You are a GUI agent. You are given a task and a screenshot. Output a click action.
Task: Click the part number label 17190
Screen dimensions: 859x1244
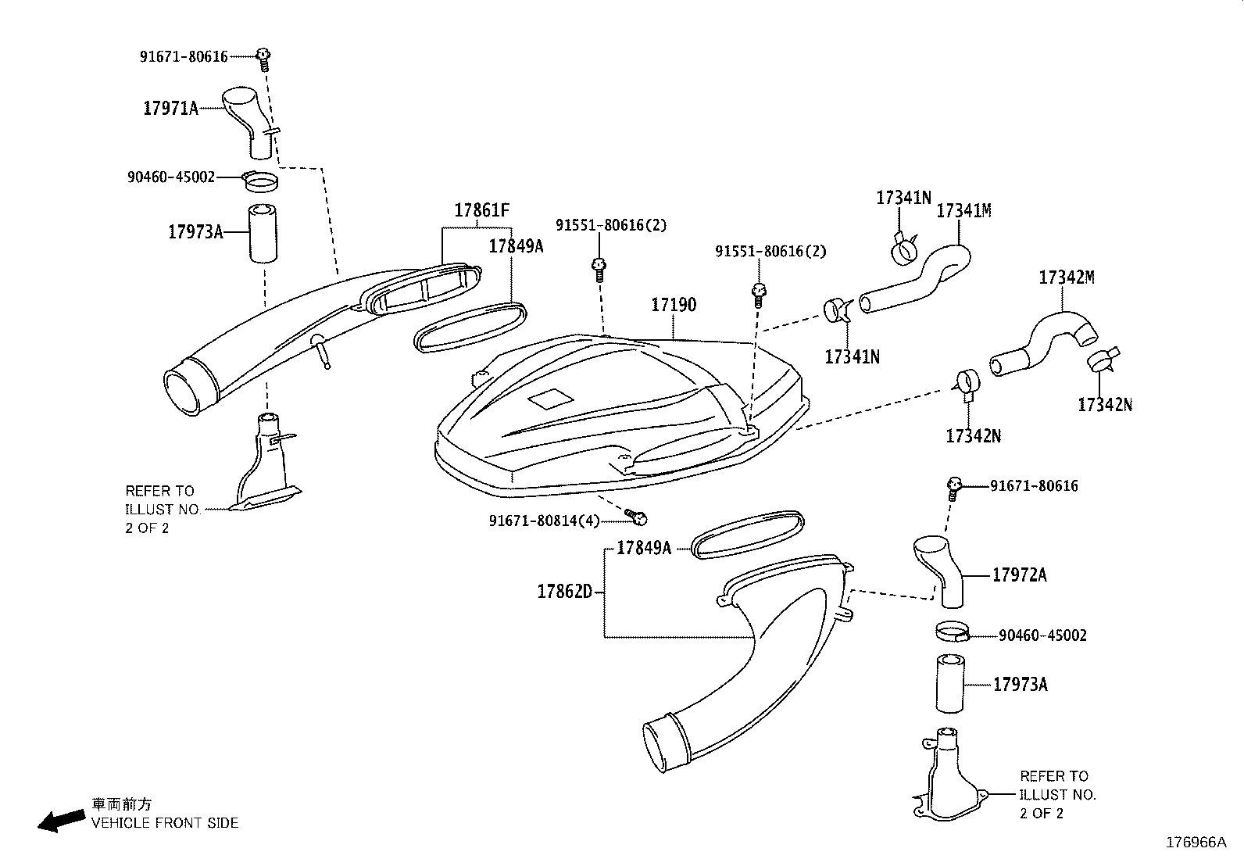(674, 305)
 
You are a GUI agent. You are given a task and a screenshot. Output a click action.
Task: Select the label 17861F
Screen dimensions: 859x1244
(481, 210)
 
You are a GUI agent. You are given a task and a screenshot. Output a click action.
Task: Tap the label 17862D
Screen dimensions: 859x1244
(565, 592)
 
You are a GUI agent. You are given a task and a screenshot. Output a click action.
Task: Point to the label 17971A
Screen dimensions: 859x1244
(170, 109)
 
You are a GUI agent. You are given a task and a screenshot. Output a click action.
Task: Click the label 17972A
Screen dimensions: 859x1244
(1019, 575)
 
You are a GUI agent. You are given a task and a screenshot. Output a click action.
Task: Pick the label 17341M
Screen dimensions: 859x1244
(963, 211)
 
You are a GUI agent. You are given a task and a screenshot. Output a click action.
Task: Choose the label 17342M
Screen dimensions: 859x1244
(1066, 277)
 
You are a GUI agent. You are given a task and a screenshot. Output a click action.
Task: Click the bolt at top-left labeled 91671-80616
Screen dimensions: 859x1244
(264, 55)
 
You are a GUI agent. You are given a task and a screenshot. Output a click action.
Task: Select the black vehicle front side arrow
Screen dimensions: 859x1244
(63, 819)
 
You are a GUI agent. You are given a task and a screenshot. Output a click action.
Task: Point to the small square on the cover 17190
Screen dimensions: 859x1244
(550, 399)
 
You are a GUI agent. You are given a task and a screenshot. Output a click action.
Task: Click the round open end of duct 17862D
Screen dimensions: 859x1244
(663, 743)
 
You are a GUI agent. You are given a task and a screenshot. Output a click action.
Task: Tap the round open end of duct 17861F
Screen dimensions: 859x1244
(184, 391)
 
